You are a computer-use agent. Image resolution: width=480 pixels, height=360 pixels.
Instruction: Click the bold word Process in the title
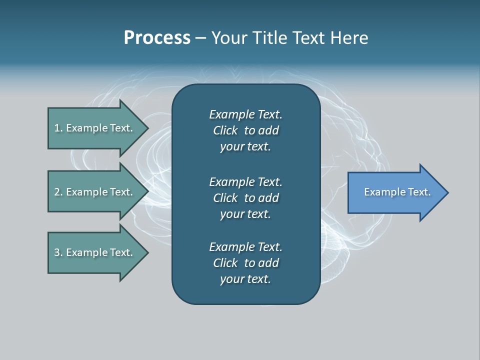pyautogui.click(x=157, y=38)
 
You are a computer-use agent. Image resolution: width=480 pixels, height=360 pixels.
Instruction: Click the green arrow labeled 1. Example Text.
pyautogui.click(x=98, y=128)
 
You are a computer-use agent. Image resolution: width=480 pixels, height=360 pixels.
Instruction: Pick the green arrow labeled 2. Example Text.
pyautogui.click(x=98, y=191)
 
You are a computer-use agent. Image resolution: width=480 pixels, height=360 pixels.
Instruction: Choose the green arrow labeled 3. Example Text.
pyautogui.click(x=98, y=252)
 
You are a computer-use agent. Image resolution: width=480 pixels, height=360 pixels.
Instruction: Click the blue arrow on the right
pyautogui.click(x=398, y=192)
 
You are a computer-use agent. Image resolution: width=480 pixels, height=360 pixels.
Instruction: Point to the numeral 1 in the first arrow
pyautogui.click(x=56, y=128)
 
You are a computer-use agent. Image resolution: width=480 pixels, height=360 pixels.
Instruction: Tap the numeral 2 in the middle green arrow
pyautogui.click(x=57, y=192)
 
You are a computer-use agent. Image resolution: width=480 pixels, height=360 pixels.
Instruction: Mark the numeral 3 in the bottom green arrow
pyautogui.click(x=57, y=252)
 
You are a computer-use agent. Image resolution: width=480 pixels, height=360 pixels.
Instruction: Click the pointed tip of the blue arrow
pyautogui.click(x=449, y=192)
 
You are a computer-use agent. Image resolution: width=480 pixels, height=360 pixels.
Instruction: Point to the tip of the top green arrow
pyautogui.click(x=149, y=128)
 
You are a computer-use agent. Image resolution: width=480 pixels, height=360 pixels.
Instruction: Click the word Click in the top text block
pyautogui.click(x=225, y=130)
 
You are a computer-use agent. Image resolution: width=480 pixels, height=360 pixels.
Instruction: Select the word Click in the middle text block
pyautogui.click(x=225, y=198)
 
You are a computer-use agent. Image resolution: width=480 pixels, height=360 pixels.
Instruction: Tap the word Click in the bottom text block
pyautogui.click(x=225, y=262)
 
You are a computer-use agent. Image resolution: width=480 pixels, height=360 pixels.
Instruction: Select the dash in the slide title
pyautogui.click(x=201, y=38)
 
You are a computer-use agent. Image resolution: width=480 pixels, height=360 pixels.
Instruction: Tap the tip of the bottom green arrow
pyautogui.click(x=149, y=253)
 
